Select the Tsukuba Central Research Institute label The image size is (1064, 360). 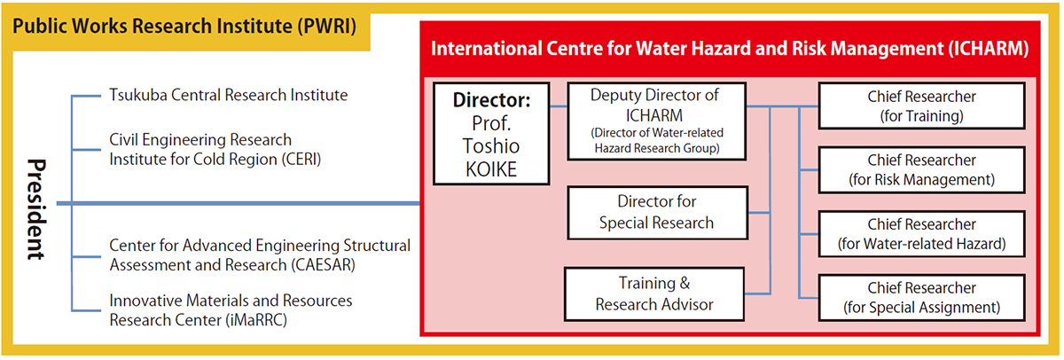point(228,95)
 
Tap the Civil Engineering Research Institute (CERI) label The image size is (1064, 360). point(215,150)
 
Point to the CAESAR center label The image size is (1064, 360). point(260,254)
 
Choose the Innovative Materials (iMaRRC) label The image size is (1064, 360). point(231,309)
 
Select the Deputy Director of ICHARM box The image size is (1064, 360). point(655,121)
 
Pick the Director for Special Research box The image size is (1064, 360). point(655,212)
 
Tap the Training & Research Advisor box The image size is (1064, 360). point(655,293)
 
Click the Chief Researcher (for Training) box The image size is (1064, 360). point(921,106)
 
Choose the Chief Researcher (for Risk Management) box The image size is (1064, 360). point(921,169)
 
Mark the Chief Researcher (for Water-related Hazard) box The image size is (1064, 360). point(921,233)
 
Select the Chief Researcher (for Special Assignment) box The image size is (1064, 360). point(921,297)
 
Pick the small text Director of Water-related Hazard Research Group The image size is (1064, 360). point(655,140)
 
